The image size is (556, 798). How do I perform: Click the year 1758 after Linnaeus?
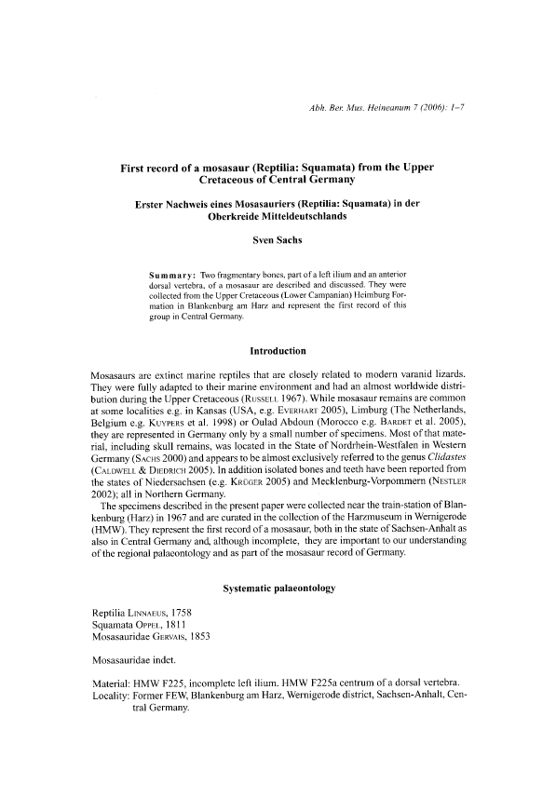(208, 612)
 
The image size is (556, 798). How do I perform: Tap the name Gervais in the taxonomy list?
(184, 637)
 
